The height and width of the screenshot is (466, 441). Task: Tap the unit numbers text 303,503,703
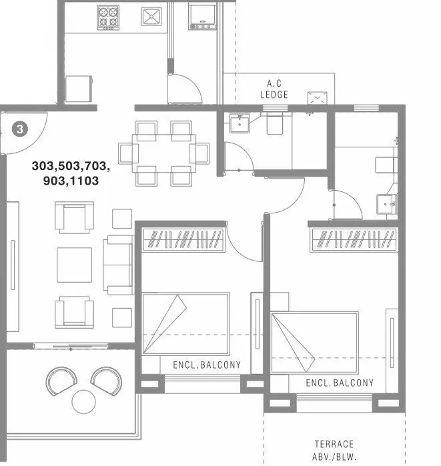tap(70, 166)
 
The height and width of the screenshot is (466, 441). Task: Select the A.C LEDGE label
tap(274, 89)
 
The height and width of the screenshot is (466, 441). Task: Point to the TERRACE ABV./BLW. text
tap(334, 449)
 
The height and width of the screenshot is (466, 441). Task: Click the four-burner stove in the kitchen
tap(108, 18)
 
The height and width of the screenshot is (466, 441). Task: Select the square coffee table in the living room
tap(74, 265)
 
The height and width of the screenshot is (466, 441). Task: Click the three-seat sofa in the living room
tap(119, 265)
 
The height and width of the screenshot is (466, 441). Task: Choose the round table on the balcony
tap(85, 401)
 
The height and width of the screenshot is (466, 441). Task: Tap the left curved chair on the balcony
tap(61, 381)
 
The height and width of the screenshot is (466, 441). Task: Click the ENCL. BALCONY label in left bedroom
tap(206, 365)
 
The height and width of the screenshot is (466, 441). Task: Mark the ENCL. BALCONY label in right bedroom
tap(340, 383)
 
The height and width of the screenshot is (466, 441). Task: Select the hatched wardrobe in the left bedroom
tap(182, 239)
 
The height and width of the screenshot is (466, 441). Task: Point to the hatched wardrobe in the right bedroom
tap(354, 237)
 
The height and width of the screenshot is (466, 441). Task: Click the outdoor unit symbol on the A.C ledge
tap(318, 97)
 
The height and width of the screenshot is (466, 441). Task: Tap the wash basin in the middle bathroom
tap(239, 124)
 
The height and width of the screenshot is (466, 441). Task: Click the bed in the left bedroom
tap(185, 324)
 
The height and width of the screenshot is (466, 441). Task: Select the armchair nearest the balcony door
tap(74, 311)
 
